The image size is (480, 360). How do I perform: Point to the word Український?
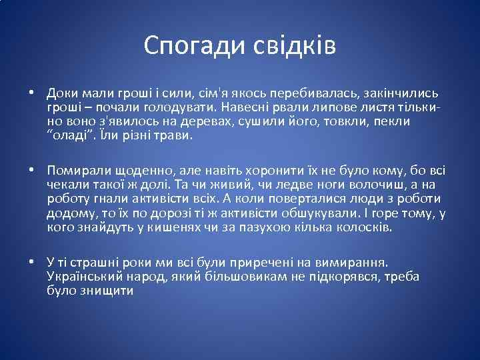[x=86, y=276]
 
